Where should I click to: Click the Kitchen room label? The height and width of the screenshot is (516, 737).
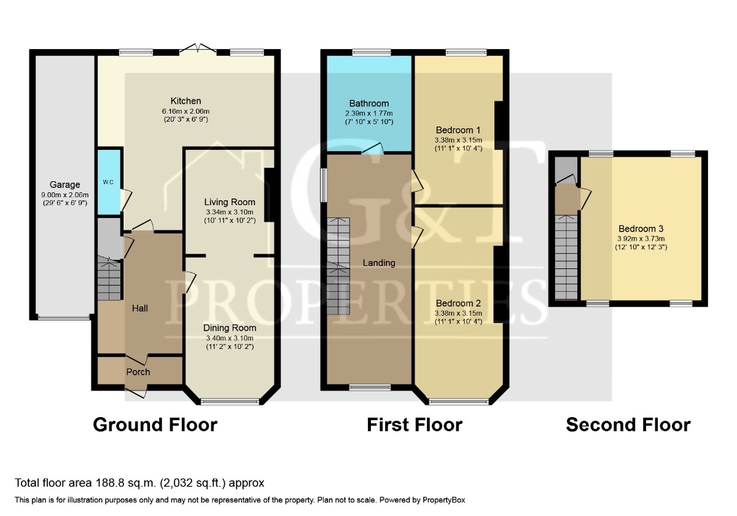click(185, 101)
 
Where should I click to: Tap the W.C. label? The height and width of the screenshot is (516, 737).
click(108, 182)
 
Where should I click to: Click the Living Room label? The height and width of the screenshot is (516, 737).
click(230, 201)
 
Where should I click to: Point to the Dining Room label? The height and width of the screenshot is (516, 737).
click(230, 328)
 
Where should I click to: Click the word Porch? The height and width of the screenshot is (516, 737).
click(138, 372)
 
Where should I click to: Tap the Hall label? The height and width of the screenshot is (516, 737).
click(139, 308)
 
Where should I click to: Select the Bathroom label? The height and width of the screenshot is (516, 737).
click(368, 103)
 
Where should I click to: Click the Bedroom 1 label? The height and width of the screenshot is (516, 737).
click(458, 130)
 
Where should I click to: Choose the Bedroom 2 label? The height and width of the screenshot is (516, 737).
click(458, 303)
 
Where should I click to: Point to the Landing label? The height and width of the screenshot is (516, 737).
click(378, 263)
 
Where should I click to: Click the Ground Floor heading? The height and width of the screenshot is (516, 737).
click(155, 424)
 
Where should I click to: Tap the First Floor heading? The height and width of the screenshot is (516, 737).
click(415, 424)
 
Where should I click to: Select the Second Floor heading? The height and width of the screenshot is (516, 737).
click(628, 424)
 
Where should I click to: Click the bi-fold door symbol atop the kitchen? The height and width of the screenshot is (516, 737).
click(201, 48)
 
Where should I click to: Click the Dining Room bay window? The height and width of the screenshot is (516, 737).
click(230, 402)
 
